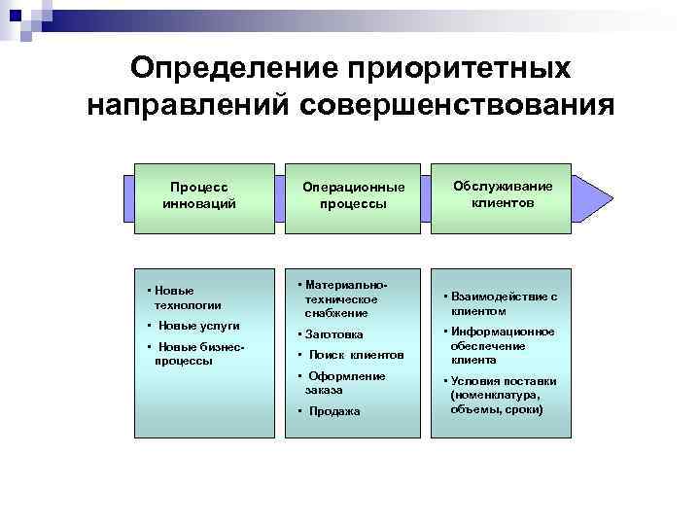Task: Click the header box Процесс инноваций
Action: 199,196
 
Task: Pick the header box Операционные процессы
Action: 352,196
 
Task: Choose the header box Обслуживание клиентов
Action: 503,195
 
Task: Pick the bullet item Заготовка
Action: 336,334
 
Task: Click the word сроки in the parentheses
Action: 525,409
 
